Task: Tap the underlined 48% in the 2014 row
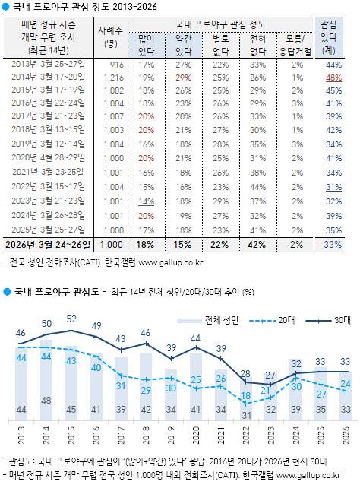click(x=333, y=78)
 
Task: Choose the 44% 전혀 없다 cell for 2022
click(x=256, y=186)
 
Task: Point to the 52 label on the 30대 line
click(x=72, y=319)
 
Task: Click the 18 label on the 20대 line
click(x=245, y=396)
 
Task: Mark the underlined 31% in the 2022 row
click(x=333, y=186)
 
